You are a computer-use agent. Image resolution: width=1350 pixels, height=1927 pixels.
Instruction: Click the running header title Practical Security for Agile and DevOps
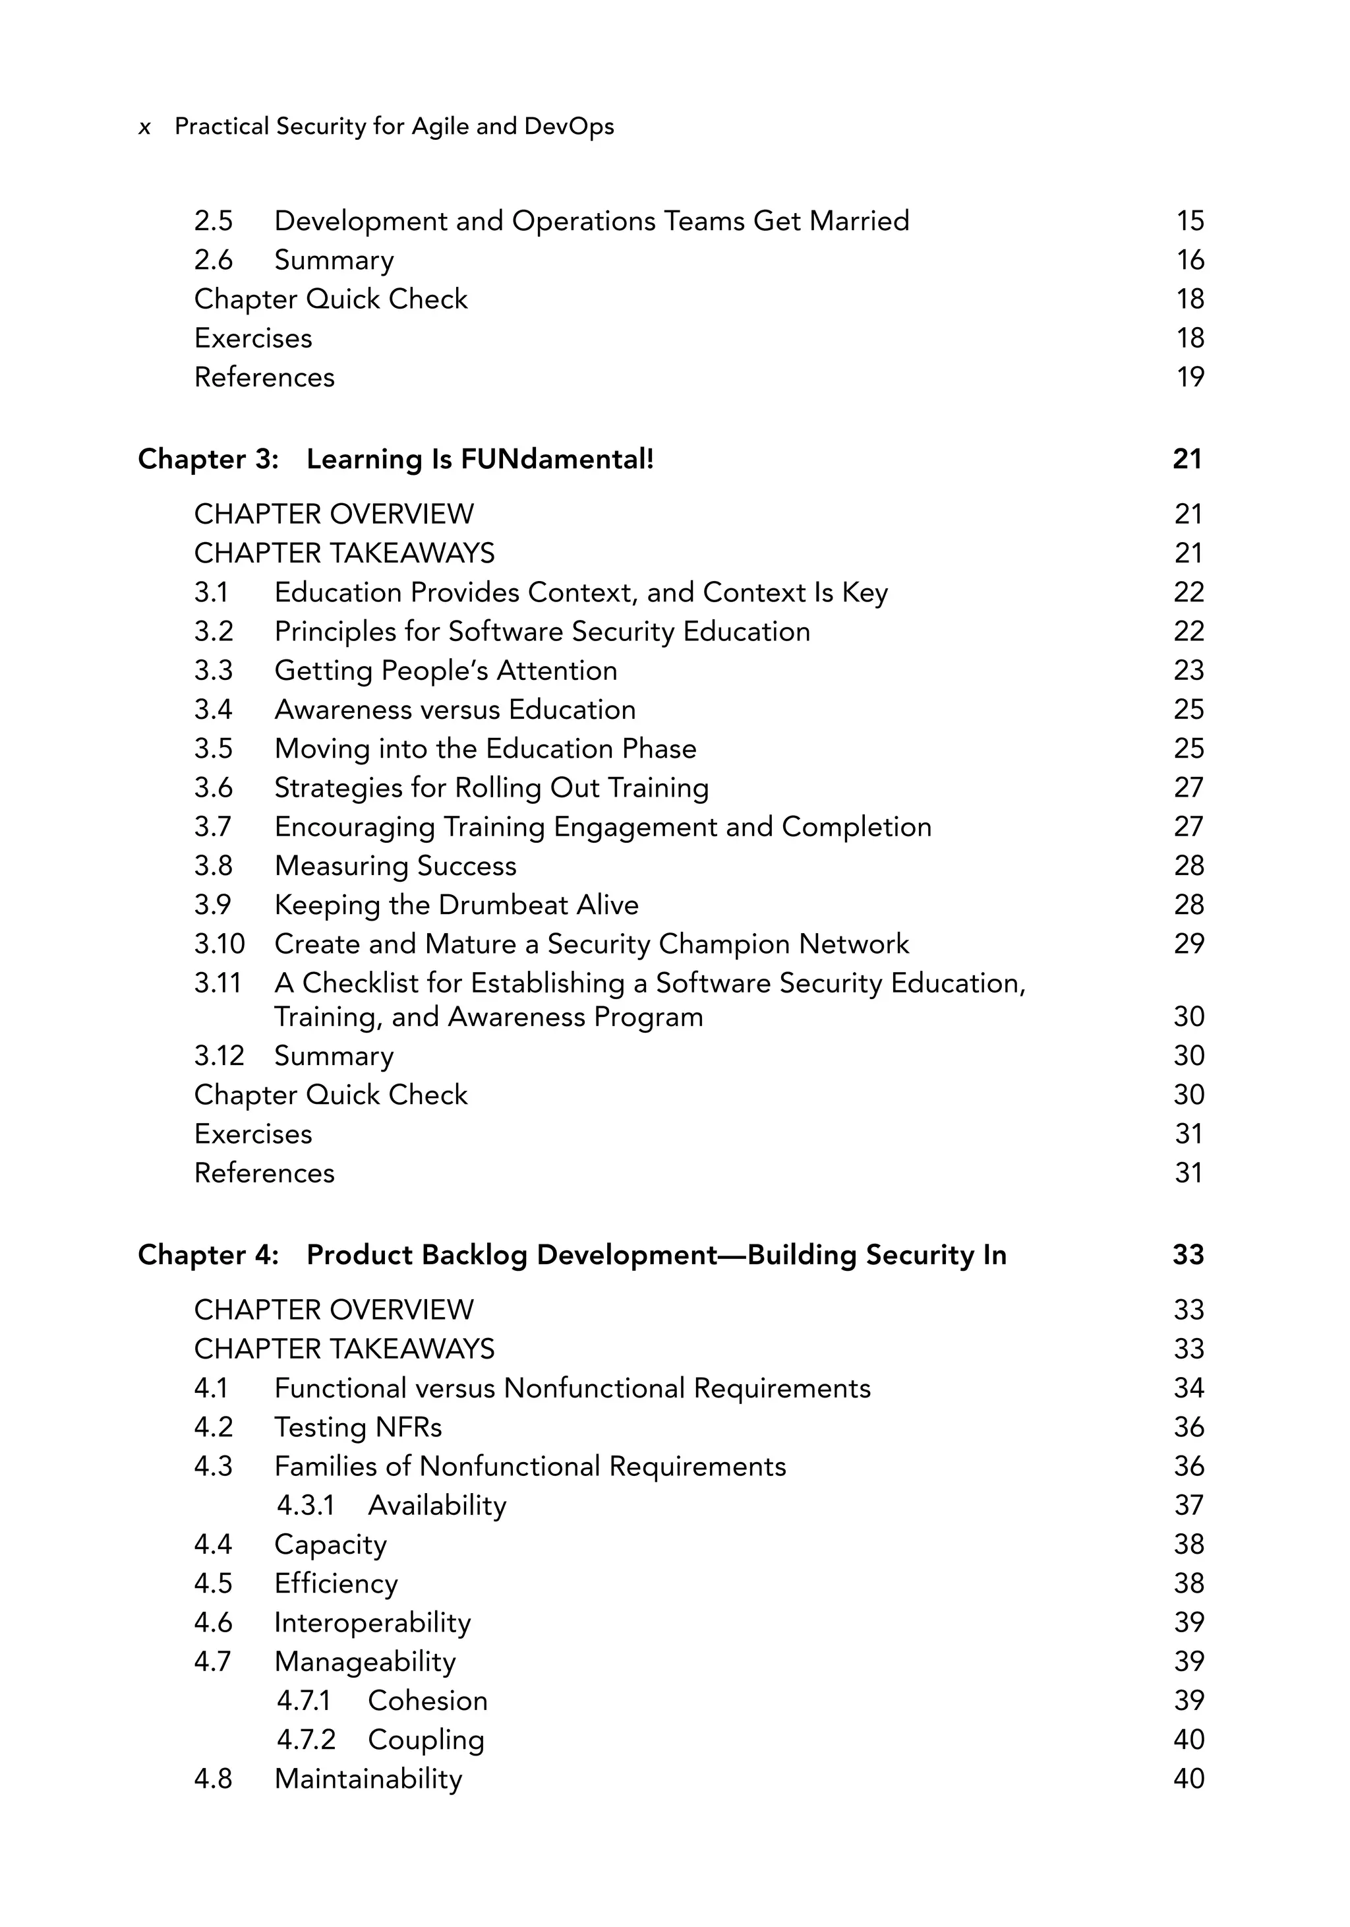(394, 126)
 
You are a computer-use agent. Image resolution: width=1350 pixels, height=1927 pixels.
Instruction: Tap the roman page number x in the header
(144, 127)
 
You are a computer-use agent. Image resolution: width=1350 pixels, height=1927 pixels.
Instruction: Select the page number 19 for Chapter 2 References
(1189, 377)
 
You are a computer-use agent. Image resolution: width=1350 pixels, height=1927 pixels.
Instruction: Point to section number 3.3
(213, 671)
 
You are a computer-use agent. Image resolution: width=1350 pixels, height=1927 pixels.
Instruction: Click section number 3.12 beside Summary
(218, 1056)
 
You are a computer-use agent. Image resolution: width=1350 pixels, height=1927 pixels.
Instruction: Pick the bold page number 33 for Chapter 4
(1188, 1255)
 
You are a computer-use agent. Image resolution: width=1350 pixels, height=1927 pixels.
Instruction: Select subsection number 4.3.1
(305, 1506)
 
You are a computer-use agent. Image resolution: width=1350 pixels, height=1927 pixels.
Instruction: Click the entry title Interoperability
(372, 1622)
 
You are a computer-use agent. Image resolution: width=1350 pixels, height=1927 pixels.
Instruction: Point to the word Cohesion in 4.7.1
(427, 1700)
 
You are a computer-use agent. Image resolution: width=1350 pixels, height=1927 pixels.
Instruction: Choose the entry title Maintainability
(368, 1779)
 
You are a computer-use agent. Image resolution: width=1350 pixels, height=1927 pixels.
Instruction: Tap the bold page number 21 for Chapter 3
(1187, 459)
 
